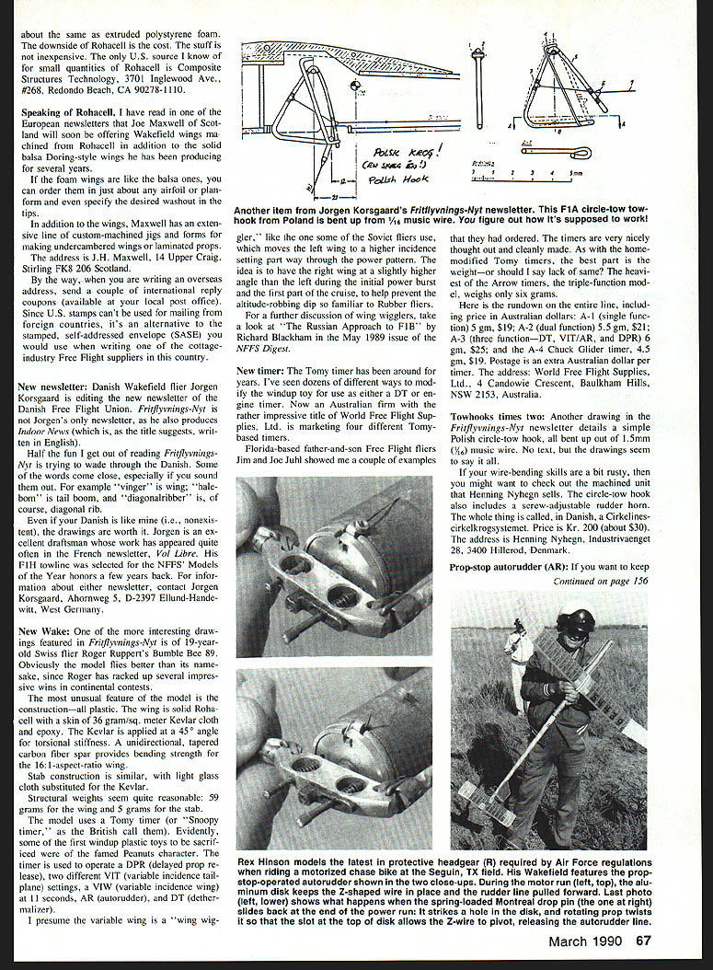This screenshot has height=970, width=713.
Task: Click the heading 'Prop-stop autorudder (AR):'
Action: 507,566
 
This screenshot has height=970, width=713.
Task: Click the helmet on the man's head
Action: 576,618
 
